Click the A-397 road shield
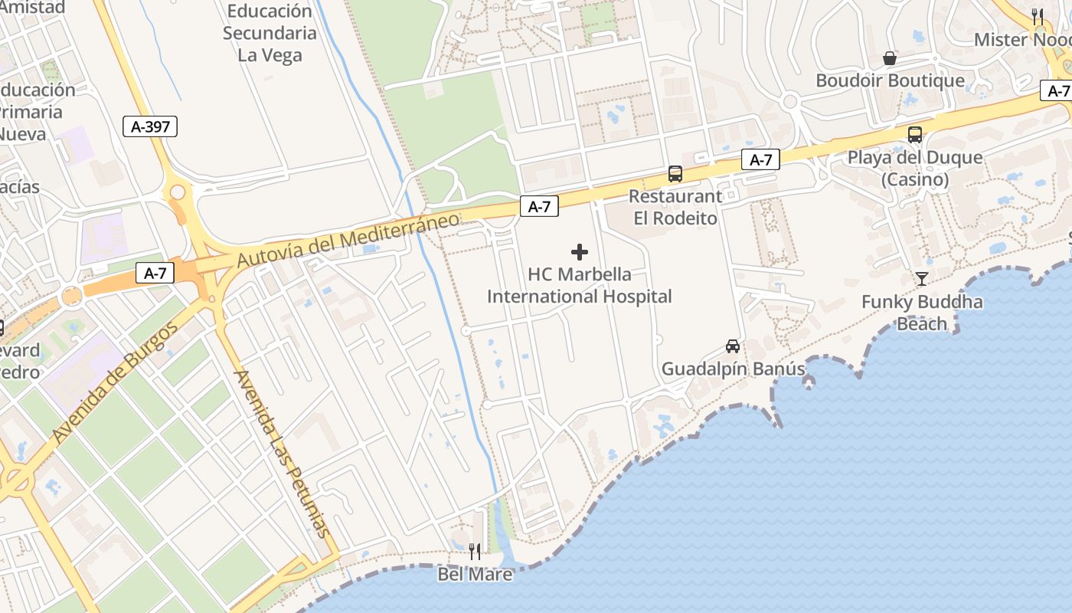[150, 126]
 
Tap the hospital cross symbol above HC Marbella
[580, 251]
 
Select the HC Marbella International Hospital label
[580, 285]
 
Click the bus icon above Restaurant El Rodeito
[675, 174]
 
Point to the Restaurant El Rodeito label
[675, 207]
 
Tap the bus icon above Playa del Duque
[914, 135]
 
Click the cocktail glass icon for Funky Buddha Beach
[921, 279]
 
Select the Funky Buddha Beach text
[922, 313]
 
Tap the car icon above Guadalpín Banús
[733, 346]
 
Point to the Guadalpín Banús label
[733, 369]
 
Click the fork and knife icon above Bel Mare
[475, 551]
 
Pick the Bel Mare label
[475, 573]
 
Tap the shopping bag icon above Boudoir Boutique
[890, 58]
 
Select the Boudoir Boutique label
[890, 80]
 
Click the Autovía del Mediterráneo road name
[348, 239]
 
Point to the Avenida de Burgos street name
[116, 383]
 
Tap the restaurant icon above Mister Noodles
[1038, 15]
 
